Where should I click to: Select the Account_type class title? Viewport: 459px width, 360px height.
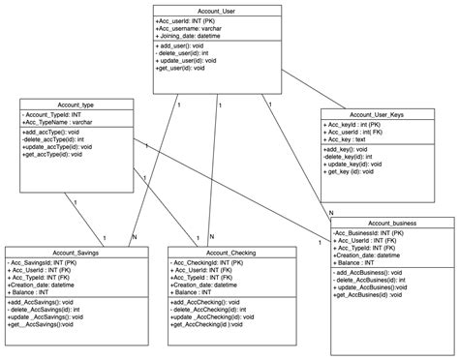click(x=76, y=104)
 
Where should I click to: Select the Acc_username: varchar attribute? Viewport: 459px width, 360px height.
click(x=194, y=29)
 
